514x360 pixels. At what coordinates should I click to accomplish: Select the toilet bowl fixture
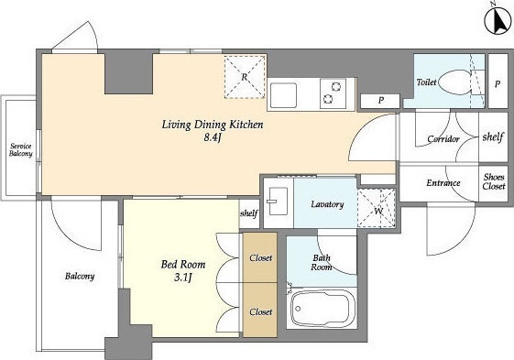[454, 82]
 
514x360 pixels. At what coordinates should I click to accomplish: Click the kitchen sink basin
[284, 94]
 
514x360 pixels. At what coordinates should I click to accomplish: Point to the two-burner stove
[333, 93]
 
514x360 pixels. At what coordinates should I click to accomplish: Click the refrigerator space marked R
[245, 77]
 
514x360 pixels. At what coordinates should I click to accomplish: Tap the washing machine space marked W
[377, 208]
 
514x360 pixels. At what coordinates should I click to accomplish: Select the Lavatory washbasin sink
[278, 201]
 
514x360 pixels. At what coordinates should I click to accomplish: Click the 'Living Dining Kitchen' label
[213, 125]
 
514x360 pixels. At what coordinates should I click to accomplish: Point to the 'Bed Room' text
[183, 264]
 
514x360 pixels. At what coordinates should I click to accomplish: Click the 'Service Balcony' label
[21, 150]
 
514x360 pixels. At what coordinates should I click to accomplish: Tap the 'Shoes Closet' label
[494, 181]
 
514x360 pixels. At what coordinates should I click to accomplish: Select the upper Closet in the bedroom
[260, 257]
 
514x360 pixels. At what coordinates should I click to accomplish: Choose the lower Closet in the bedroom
[260, 311]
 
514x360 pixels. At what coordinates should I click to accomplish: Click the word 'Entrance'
[443, 182]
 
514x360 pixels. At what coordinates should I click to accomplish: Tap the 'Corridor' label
[443, 139]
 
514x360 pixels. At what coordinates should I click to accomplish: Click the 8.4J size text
[213, 137]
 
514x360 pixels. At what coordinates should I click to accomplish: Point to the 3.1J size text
[182, 278]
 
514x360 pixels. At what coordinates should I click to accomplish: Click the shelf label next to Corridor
[493, 136]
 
